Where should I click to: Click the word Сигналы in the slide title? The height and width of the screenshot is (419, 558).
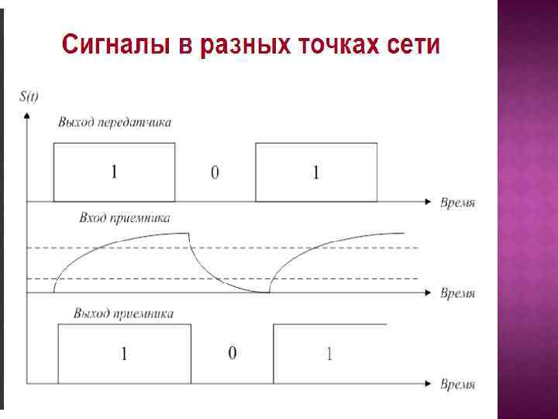click(x=117, y=44)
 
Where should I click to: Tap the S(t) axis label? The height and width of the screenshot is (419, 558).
click(x=29, y=96)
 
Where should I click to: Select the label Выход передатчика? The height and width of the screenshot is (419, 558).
click(x=115, y=123)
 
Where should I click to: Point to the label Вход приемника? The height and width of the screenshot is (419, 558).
click(x=124, y=219)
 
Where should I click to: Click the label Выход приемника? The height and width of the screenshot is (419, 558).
click(x=124, y=314)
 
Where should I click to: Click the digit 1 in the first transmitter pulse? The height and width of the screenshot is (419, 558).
click(x=114, y=172)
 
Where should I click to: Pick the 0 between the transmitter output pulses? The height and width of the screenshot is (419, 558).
click(x=215, y=173)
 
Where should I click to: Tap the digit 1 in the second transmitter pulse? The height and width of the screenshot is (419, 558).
click(x=315, y=173)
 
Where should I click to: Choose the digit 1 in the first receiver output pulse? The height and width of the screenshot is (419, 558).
click(x=123, y=355)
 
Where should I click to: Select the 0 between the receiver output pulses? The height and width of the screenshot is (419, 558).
click(x=232, y=354)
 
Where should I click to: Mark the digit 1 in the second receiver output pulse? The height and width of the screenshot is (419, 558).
click(x=329, y=355)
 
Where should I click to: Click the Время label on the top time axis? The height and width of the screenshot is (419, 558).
click(x=457, y=203)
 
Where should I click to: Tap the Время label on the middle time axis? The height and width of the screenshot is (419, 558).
click(x=457, y=293)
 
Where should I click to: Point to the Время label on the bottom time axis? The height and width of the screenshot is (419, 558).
click(x=457, y=384)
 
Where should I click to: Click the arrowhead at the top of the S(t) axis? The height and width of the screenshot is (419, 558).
click(x=27, y=114)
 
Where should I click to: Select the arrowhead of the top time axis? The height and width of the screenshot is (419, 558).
click(x=427, y=202)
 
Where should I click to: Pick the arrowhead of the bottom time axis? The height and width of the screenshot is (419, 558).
click(x=427, y=383)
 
